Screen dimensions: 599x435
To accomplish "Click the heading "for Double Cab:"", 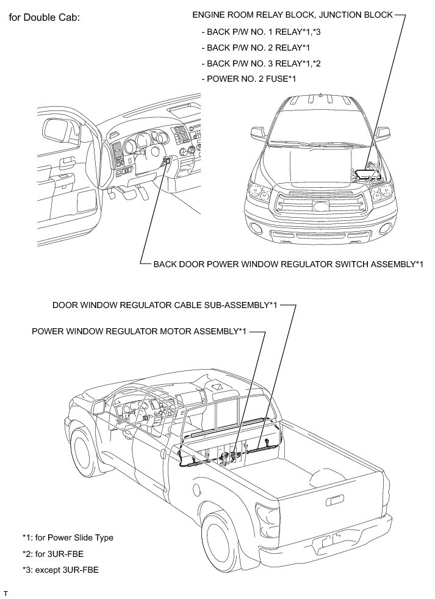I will click(45, 16).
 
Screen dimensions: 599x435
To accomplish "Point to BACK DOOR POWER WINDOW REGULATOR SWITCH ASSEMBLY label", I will click(288, 264).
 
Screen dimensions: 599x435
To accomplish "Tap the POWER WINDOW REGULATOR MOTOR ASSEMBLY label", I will click(140, 331).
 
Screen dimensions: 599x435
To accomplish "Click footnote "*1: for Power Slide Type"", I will click(68, 537).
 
